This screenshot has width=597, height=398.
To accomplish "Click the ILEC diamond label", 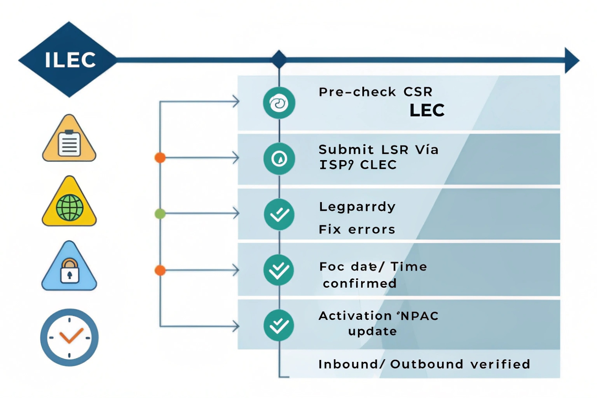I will pos(69,60).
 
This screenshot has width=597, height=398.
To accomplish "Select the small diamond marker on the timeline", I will pos(279,60).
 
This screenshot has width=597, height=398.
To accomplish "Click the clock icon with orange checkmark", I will pos(69,338).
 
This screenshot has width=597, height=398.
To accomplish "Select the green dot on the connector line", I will pos(160,214).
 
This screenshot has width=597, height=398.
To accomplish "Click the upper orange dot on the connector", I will pos(160,157).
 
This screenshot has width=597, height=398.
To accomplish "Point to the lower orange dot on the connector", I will pos(160,270).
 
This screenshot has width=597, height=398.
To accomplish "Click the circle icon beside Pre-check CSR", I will pos(279,103).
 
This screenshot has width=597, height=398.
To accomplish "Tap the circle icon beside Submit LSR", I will pos(279,159).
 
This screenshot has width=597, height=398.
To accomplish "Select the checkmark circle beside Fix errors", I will pos(279,214).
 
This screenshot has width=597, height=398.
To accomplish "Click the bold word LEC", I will pos(427,111).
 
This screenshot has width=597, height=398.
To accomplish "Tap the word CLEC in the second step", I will pos(378,165).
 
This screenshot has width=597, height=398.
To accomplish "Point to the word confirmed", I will pos(360,283).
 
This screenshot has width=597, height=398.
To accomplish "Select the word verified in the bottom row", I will pos(500,364).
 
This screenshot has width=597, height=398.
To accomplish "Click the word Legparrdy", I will pos(357,207).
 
